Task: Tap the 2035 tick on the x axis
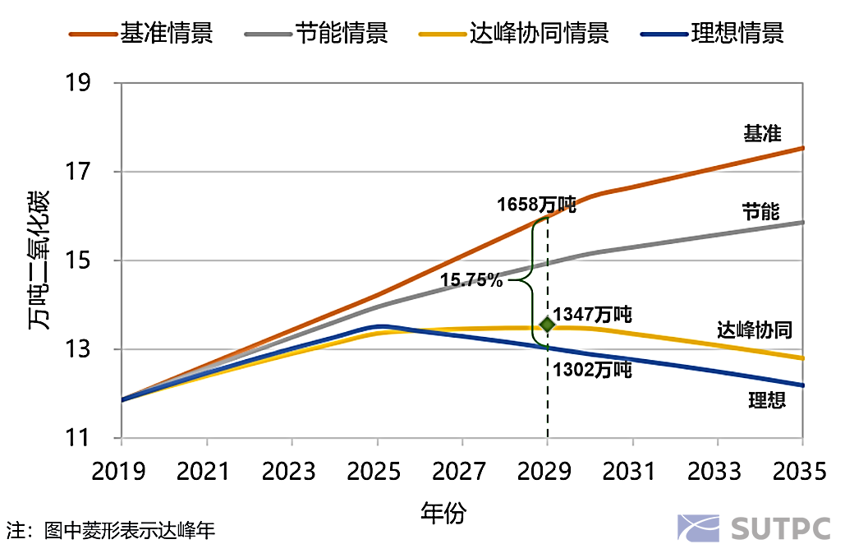point(802,472)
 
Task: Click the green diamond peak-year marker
point(547,325)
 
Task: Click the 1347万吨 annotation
point(592,315)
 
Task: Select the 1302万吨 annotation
point(592,371)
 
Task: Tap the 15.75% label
point(471,280)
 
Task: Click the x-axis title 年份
point(443,514)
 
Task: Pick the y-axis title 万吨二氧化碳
point(39,260)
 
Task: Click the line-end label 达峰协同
point(754,330)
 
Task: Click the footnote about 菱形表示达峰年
point(111,530)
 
